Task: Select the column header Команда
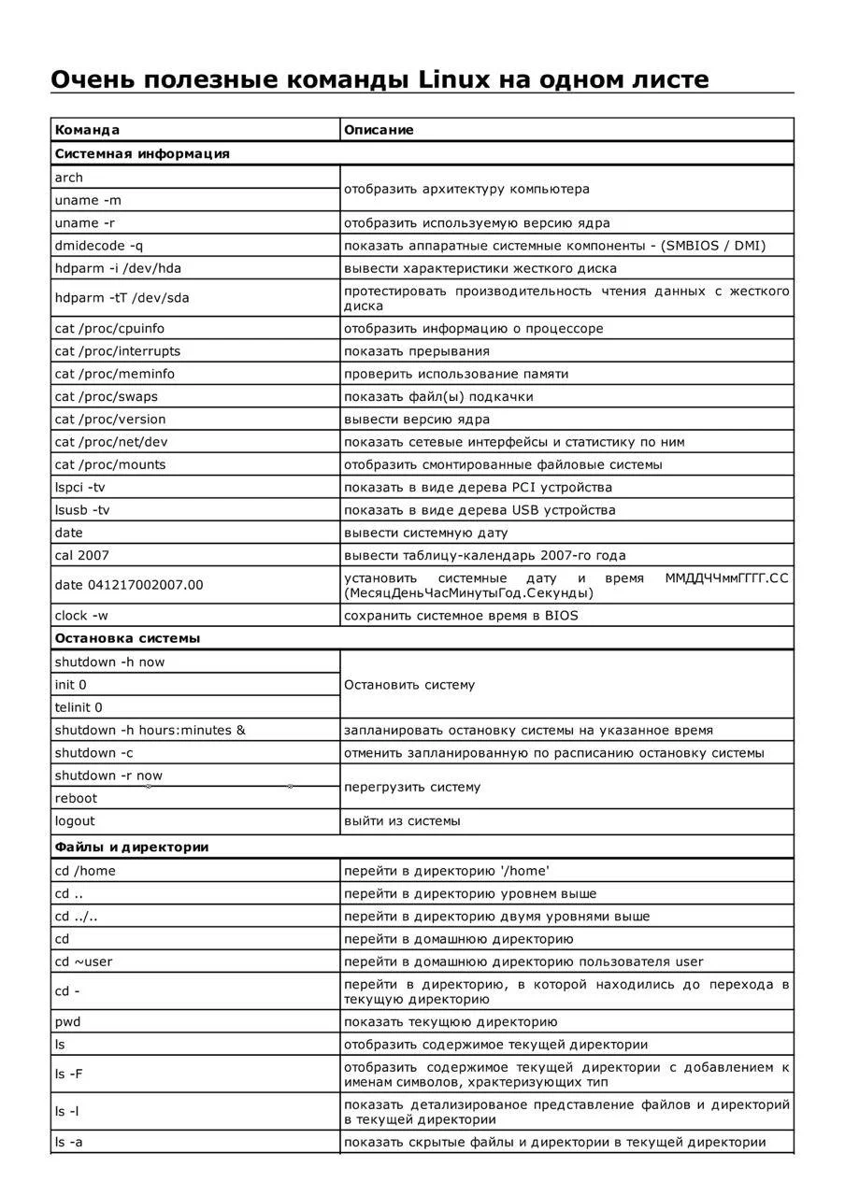click(87, 130)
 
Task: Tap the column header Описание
click(379, 130)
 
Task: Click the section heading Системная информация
click(142, 153)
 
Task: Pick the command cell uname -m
click(88, 200)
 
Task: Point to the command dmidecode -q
click(99, 246)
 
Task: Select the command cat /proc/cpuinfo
click(109, 329)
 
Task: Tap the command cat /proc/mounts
click(110, 464)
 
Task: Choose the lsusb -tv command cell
click(82, 510)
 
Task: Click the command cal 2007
click(82, 555)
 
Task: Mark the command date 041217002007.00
click(129, 585)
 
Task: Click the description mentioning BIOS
click(461, 616)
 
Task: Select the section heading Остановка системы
click(127, 638)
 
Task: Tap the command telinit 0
click(79, 707)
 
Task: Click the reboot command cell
click(76, 799)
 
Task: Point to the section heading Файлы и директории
click(132, 847)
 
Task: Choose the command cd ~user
click(83, 961)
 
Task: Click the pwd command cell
click(67, 1022)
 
